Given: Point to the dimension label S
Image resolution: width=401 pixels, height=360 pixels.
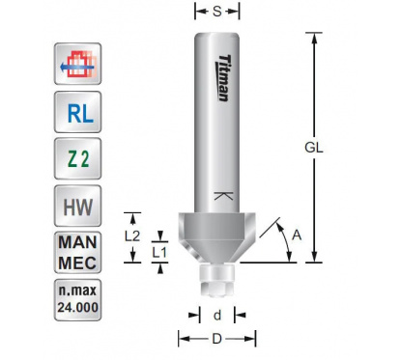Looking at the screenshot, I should tap(217, 12).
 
